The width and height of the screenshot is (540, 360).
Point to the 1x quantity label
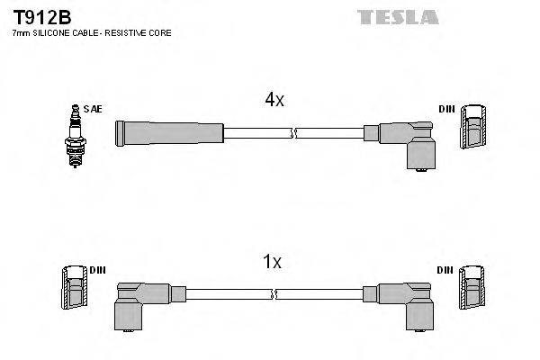coord(272,263)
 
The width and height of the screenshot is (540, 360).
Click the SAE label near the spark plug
coord(93,109)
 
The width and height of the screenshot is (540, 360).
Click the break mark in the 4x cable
coord(292,134)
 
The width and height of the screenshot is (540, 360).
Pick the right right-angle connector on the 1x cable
coord(409,303)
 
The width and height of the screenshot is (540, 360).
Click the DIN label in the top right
coord(446,109)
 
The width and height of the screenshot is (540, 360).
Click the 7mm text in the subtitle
coord(20,33)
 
